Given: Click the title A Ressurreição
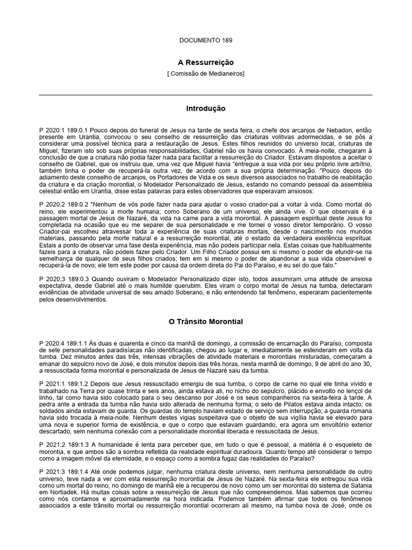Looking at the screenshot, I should tap(205, 62).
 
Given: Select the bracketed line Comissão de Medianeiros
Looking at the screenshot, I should tap(205, 74).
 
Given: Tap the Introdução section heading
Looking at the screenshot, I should tap(205, 108).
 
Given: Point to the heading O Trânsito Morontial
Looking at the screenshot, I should tap(205, 322).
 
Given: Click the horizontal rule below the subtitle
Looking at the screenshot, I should tap(205, 95).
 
